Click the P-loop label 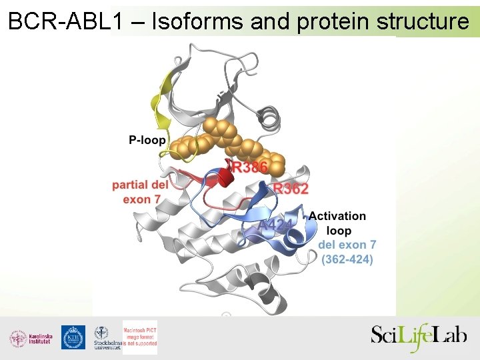coord(147,141)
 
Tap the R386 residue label coord(249,167)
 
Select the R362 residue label coord(291,189)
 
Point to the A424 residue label coord(275,225)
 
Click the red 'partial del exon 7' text coord(141,192)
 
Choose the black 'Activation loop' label coord(337,223)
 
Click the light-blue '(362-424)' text coord(347,259)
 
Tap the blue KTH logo coord(73,338)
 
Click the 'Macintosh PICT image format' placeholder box coord(140,337)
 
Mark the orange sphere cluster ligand coord(227,141)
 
